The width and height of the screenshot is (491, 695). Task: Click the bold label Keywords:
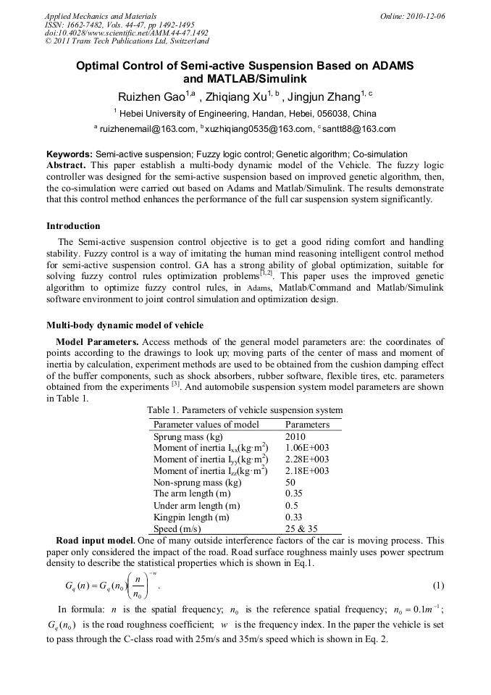coord(70,154)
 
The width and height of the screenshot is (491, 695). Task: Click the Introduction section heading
coord(73,225)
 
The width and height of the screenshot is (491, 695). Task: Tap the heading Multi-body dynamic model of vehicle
coord(125,325)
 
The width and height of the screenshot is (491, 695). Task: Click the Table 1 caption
coord(245,410)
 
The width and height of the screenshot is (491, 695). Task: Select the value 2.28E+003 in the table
coord(307,459)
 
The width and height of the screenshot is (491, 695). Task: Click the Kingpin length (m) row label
coord(191,517)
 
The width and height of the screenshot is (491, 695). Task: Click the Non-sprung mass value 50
coord(290,483)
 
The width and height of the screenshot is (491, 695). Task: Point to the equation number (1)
coord(438,586)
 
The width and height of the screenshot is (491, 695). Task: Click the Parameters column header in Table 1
coord(307,424)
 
